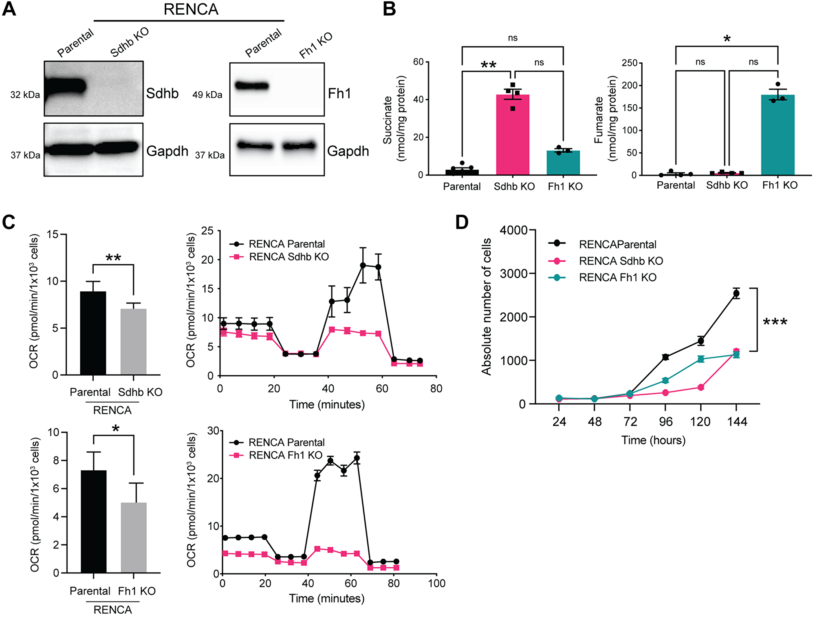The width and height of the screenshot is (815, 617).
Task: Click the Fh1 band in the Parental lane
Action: tap(252, 86)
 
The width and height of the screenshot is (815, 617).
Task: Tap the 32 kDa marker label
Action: tap(25, 95)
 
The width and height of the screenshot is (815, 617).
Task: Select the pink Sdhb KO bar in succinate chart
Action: tap(513, 134)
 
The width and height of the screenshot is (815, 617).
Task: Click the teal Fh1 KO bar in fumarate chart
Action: tap(778, 134)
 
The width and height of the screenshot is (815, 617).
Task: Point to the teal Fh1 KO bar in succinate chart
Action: tap(563, 163)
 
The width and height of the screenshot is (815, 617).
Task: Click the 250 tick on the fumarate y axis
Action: tap(629, 63)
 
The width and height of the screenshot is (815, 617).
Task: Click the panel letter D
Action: tap(462, 223)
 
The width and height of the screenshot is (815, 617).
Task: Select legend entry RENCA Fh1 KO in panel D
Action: tap(617, 278)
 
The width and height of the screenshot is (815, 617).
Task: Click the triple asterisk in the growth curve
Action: tap(775, 322)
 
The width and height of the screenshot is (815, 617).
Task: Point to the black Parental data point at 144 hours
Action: tap(736, 293)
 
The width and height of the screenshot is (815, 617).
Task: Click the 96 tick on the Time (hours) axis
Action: tap(665, 421)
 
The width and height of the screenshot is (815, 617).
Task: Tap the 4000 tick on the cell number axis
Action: tap(513, 230)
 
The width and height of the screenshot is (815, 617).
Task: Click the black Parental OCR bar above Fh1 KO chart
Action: tap(93, 521)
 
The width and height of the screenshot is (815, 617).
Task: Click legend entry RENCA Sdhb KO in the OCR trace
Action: tap(289, 257)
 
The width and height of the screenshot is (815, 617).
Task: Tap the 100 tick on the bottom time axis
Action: tap(436, 583)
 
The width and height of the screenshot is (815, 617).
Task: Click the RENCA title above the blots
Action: tap(191, 9)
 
